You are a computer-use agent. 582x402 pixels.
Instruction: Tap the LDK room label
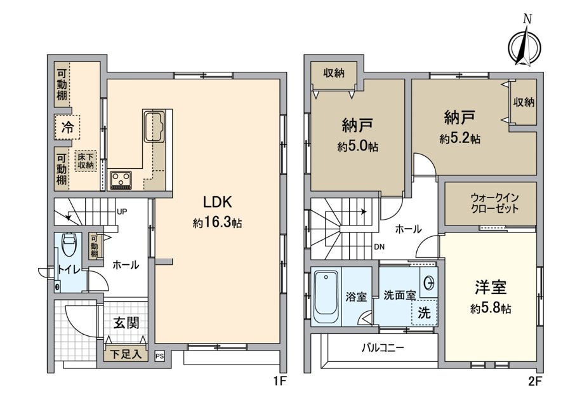click(x=217, y=202)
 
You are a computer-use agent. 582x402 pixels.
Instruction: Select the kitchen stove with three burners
click(x=121, y=180)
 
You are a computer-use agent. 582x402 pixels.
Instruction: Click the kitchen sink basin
click(x=154, y=126)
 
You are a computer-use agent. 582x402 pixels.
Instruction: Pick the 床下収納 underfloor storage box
click(x=86, y=161)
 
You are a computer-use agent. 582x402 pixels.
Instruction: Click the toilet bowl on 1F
click(x=69, y=244)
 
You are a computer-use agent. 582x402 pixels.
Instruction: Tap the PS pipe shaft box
click(x=159, y=356)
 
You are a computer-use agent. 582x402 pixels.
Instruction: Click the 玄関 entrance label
click(x=126, y=323)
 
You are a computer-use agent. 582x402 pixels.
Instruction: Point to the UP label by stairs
click(x=122, y=211)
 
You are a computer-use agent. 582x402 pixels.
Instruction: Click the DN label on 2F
click(x=380, y=246)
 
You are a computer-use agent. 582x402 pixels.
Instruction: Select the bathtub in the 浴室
click(x=326, y=298)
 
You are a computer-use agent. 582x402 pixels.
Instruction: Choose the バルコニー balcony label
click(x=383, y=348)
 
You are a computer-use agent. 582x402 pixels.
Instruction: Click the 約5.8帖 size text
click(x=491, y=308)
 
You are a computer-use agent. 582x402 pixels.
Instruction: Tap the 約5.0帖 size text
click(x=358, y=147)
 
